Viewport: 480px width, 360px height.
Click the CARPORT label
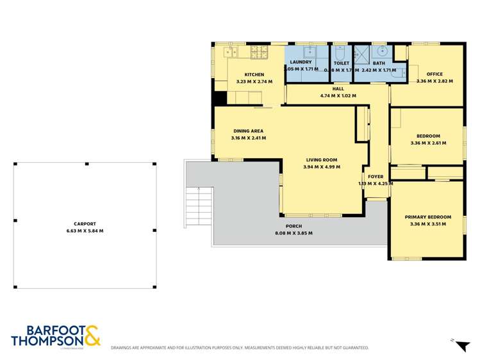click(85, 224)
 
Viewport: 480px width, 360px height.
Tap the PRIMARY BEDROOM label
click(427, 217)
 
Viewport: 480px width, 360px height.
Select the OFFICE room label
click(434, 74)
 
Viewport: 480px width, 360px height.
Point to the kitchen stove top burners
click(259, 51)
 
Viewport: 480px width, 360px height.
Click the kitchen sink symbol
click(231, 51)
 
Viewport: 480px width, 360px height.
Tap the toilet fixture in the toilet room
click(340, 52)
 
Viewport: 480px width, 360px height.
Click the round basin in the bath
click(383, 51)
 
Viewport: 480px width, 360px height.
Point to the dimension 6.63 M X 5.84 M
click(85, 231)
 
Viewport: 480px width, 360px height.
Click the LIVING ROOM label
click(320, 160)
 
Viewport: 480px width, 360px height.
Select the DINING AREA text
click(248, 131)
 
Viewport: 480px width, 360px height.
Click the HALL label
click(338, 89)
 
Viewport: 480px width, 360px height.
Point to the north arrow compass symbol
click(461, 345)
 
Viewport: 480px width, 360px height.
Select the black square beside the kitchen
click(219, 99)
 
